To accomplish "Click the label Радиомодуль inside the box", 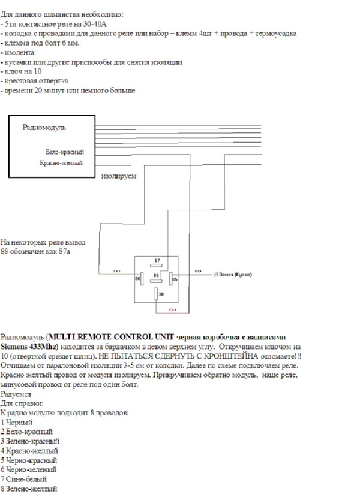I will point(44,127).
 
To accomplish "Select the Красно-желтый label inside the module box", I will point(61,162).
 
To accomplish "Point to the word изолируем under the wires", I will point(119,177).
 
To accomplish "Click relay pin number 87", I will point(157,261).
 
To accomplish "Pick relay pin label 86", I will point(137,278).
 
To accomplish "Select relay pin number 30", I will point(161,294).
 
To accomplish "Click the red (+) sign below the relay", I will point(173,310).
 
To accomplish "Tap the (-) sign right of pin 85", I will point(198,271).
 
